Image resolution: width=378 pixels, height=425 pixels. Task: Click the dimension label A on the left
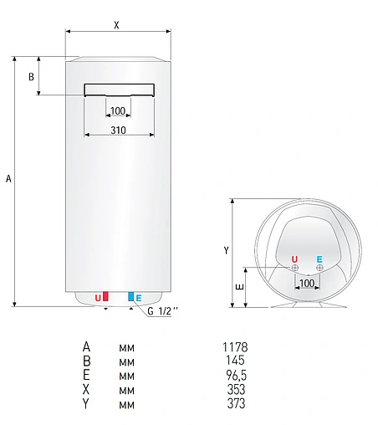[x=8, y=178]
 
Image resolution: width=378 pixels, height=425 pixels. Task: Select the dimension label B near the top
[x=32, y=77]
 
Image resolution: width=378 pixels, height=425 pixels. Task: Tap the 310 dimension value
[x=118, y=130]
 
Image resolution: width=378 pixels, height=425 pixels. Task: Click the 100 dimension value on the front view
[x=118, y=110]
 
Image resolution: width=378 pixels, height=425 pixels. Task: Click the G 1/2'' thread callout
[x=163, y=312]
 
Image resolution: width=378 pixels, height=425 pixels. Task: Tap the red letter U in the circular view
[x=294, y=259]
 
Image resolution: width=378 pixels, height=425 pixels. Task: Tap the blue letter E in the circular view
[x=319, y=259]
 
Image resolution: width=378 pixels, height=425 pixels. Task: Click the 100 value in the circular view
[x=307, y=284]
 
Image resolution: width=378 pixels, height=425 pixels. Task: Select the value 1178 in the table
[x=236, y=346]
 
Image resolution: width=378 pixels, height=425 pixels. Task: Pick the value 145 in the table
[x=236, y=361]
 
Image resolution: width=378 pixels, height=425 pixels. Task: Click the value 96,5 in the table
[x=236, y=375]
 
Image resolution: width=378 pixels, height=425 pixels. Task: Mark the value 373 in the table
[x=236, y=404]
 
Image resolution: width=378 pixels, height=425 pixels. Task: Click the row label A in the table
[x=85, y=346]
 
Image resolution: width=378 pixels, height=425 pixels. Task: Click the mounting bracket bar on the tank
[x=118, y=90]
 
